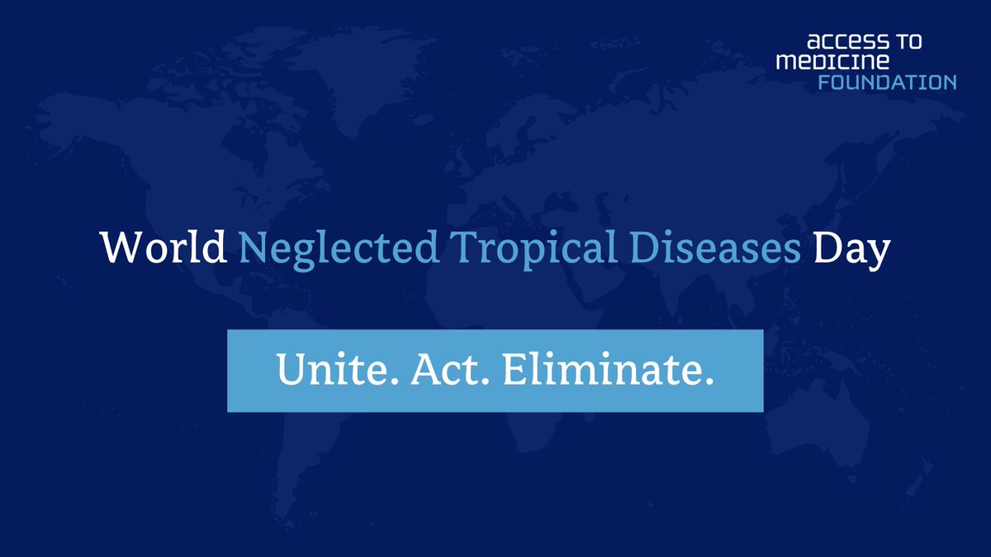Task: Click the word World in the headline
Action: pos(164,248)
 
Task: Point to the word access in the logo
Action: pos(839,42)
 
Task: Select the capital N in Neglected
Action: pos(251,248)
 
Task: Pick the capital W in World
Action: pos(117,248)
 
